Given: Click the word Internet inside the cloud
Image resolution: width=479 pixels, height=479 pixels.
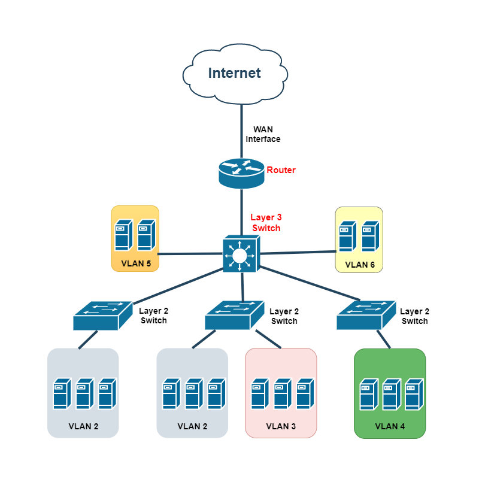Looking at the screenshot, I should pos(235,73).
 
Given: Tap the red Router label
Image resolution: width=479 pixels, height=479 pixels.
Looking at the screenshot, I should pos(281,170).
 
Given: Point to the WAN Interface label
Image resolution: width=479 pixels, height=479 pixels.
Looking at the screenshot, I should pos(263,134).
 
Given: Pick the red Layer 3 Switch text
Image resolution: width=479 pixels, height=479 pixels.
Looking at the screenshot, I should pos(266,223).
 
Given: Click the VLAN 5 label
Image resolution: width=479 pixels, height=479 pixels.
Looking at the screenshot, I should pos(135,263).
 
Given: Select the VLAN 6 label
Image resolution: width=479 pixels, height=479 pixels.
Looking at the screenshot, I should pos(359,264).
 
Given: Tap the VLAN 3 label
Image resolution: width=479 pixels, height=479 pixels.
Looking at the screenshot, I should pos(281,426).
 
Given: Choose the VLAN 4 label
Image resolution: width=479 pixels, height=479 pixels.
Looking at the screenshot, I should pos(390,426).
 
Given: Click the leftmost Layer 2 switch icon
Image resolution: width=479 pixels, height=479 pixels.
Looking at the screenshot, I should pos(102,315).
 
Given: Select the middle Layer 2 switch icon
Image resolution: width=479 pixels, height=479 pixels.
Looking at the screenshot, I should pos(234,315).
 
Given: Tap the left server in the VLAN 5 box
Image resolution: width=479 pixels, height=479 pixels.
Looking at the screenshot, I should pos(123,234).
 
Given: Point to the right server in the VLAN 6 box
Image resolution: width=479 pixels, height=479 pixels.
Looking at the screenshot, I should pos(369,236).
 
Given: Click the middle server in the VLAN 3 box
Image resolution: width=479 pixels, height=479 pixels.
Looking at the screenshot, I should pos(282,393).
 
